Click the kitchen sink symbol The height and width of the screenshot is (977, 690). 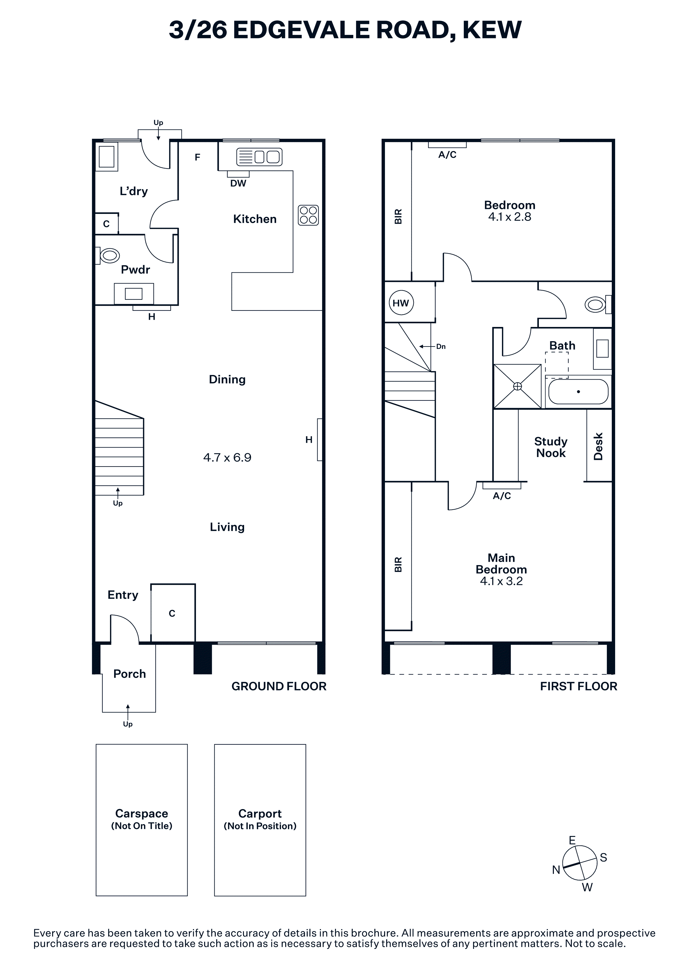[x=259, y=157]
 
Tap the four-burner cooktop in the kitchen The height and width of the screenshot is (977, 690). [x=308, y=215]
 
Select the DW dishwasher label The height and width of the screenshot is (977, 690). [x=238, y=184]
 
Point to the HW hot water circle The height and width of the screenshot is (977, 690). [x=401, y=303]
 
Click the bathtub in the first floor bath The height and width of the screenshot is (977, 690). [x=578, y=392]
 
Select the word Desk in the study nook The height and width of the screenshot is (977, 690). [x=598, y=446]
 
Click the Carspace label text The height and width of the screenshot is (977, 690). [x=142, y=814]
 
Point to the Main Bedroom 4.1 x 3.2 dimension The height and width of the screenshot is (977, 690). [x=501, y=581]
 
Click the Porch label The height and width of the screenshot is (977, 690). [x=130, y=674]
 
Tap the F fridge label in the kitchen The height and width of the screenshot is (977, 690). [x=197, y=157]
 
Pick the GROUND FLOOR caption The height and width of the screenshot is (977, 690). [x=279, y=686]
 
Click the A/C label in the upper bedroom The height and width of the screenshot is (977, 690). [x=447, y=155]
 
